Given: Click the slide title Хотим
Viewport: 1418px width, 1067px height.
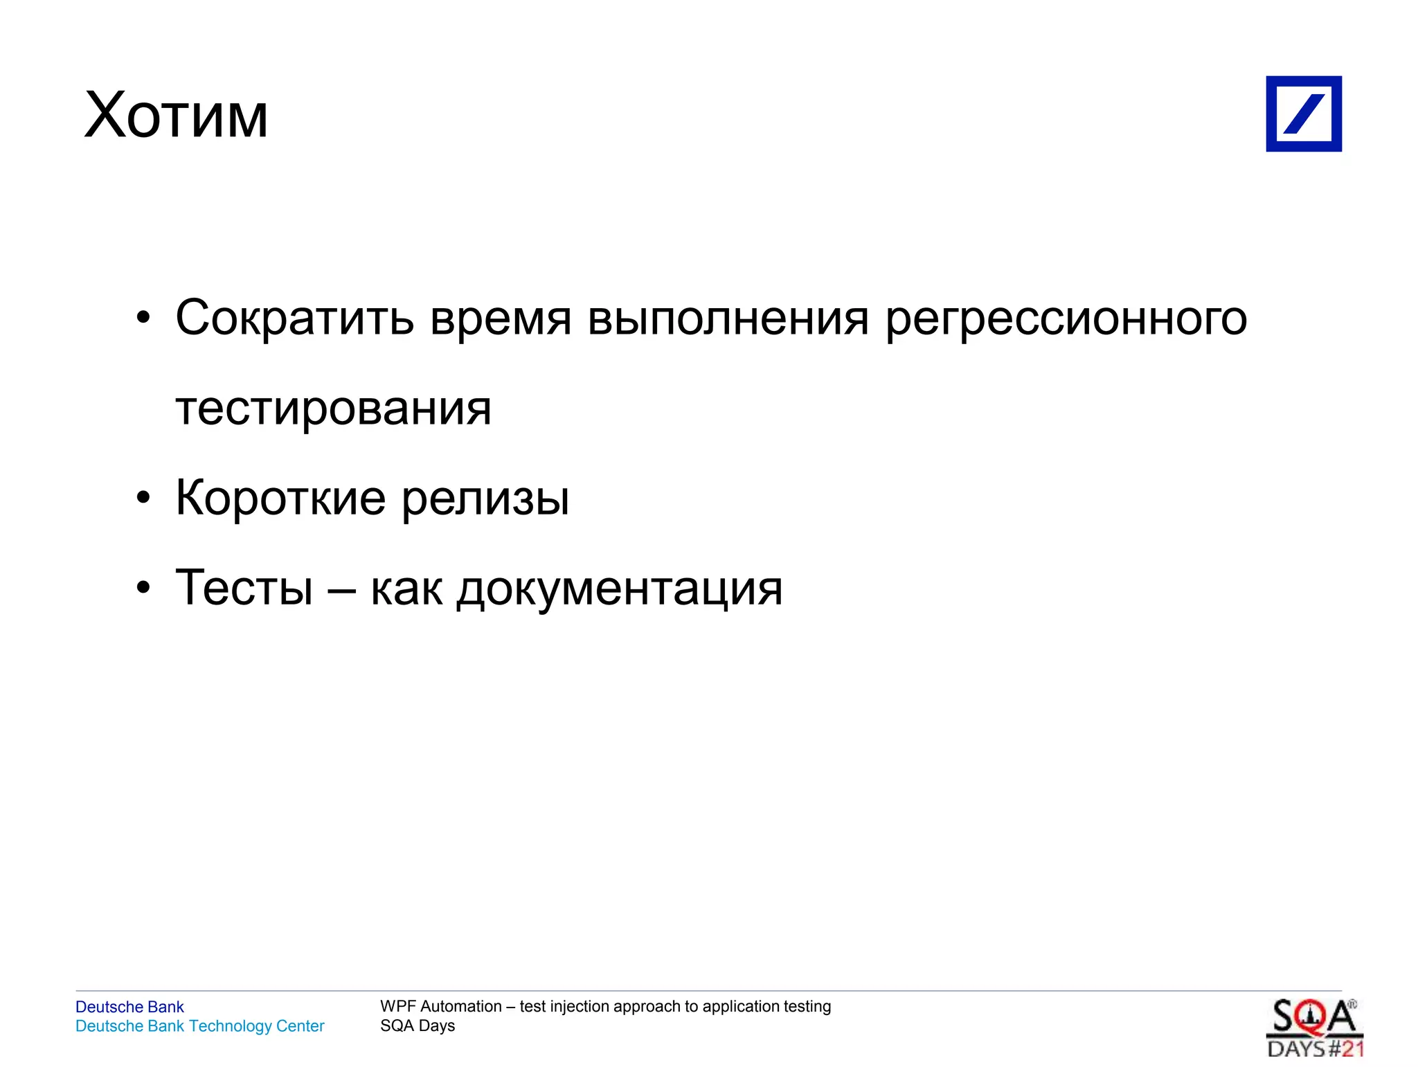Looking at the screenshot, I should pos(176,116).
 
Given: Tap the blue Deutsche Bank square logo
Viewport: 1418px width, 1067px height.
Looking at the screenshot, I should pos(1303,114).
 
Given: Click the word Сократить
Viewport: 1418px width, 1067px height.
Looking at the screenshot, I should pos(294,318).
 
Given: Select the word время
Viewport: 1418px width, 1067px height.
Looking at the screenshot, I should pos(501,319).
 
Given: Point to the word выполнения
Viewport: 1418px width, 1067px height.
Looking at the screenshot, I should pos(728,319).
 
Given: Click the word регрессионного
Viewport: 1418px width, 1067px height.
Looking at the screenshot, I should pos(1066,319).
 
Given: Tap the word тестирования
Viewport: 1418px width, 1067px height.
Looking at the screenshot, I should pos(333,409).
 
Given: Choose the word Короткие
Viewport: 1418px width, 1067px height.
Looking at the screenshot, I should pos(280,497).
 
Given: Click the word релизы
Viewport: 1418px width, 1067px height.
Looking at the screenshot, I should pos(485,499).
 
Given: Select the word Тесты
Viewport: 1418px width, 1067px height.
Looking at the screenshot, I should pos(244,587).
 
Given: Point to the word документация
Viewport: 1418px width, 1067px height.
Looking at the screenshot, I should pos(620,589).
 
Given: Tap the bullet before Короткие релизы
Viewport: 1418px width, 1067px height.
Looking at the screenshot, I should pos(143,498).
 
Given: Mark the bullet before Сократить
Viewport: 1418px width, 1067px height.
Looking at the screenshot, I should pos(143,319).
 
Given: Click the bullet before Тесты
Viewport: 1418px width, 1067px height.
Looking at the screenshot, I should pos(143,588).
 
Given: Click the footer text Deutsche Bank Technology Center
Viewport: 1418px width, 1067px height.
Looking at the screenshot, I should pos(199,1025).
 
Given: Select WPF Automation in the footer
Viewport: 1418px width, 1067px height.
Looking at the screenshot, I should pos(441,1006).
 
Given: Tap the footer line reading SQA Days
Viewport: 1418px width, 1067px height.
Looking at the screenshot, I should pos(418,1025).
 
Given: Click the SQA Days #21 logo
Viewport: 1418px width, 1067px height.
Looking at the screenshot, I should pos(1314,1028).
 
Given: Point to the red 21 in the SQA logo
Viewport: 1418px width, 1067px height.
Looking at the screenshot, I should pos(1352,1049).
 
